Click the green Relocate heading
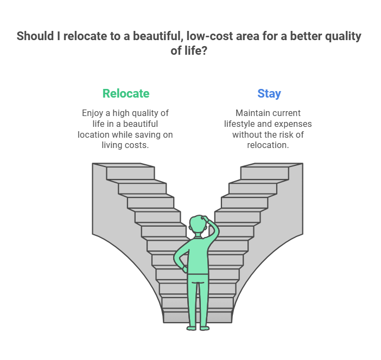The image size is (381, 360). point(126,93)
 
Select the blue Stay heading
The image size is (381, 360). point(269,94)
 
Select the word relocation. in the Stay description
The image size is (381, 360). point(268,145)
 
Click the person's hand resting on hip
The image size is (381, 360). point(185,269)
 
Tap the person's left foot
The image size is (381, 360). point(192,328)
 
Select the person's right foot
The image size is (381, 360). point(205,328)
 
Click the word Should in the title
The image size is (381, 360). point(35,36)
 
